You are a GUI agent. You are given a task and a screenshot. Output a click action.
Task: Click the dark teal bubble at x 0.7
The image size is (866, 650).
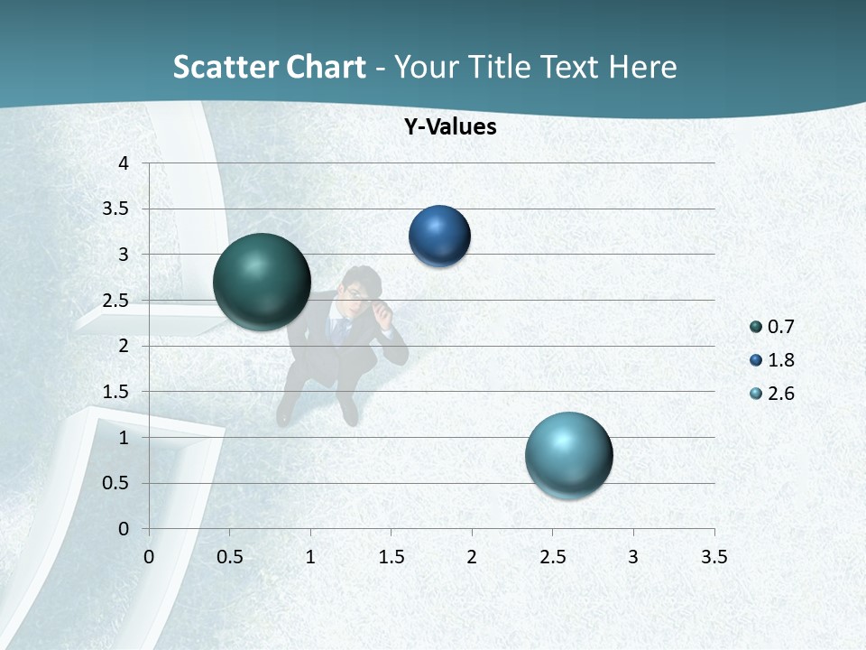point(262,282)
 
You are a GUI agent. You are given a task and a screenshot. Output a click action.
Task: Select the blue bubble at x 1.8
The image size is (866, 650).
point(439,237)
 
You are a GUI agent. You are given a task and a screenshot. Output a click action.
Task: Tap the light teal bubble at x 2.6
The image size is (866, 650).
point(568,455)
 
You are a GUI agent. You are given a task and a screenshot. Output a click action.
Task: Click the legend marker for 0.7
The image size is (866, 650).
point(756,327)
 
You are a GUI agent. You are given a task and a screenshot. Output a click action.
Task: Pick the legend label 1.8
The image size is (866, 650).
point(781,360)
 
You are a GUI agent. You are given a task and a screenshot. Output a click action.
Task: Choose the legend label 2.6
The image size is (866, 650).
point(781,394)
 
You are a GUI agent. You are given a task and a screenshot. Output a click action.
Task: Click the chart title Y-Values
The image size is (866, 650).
point(450,126)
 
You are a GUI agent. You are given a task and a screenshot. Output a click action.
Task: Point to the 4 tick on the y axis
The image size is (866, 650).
point(124,163)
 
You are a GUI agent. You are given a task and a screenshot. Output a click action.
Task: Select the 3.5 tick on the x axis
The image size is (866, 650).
point(714,557)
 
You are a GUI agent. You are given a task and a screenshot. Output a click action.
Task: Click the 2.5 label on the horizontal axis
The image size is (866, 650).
point(552,557)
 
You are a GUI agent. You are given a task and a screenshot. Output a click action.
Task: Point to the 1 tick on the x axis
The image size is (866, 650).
point(310,557)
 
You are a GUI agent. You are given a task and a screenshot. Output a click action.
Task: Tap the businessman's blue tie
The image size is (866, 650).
point(341,330)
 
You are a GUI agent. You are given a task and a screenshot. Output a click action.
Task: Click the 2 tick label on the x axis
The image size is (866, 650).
point(472,557)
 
